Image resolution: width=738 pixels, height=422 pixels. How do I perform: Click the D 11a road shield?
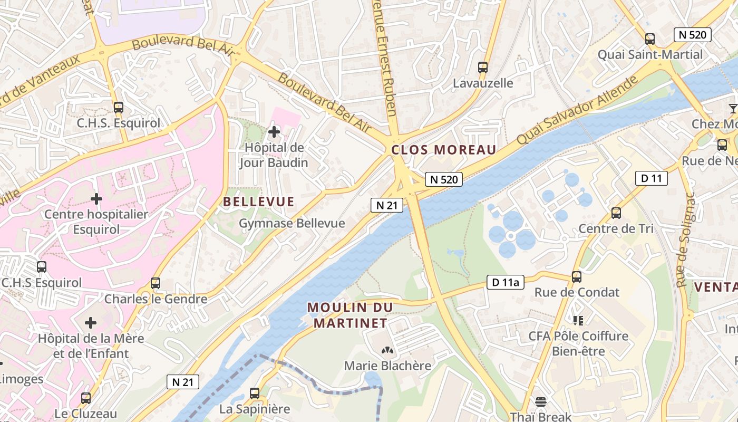coord(506,283)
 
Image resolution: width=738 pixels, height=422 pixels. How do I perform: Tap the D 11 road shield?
coord(651,178)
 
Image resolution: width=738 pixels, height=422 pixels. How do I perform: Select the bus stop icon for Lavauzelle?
coord(482,67)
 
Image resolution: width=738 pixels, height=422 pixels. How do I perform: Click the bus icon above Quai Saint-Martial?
coord(649,39)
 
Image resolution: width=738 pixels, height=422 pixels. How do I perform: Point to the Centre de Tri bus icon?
coord(616,213)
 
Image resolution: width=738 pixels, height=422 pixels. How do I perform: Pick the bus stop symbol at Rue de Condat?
coord(577,276)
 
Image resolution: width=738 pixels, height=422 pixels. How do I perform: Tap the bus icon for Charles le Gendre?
coord(155,283)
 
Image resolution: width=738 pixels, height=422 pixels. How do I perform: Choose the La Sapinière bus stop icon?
coord(254,393)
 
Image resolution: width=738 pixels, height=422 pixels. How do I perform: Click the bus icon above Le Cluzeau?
coord(85,398)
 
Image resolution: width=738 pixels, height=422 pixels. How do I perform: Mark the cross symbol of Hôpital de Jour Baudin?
coord(274,131)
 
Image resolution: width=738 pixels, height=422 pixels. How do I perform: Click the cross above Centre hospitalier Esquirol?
coord(96,199)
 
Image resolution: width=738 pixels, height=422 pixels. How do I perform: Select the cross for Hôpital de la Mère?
coord(91,322)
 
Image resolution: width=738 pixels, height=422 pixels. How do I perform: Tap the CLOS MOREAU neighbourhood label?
coord(444,150)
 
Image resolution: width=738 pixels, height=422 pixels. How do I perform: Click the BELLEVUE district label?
coord(258,202)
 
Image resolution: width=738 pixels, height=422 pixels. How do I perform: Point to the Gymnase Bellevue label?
coord(292,223)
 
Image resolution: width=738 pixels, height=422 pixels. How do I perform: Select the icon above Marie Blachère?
coord(387,350)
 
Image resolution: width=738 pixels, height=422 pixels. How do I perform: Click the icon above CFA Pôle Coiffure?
coord(578,320)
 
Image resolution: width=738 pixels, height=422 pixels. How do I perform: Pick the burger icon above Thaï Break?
coord(541,401)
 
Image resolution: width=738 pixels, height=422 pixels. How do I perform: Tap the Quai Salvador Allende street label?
coord(578,110)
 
